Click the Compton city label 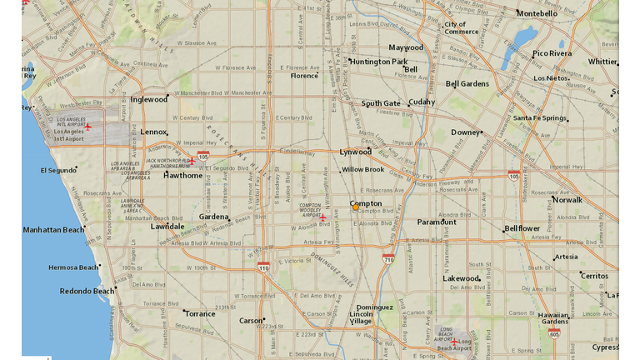[367, 203]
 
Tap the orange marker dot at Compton [356, 207]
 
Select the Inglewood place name [148, 100]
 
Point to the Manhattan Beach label [53, 230]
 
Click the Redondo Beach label [87, 292]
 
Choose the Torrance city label [200, 314]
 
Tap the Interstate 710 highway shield [388, 259]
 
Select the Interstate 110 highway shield [263, 267]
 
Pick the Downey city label [465, 132]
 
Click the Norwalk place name [567, 200]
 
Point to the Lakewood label [461, 278]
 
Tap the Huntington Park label [378, 62]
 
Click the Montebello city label [537, 13]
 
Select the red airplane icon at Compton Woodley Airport [322, 217]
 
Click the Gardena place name [213, 217]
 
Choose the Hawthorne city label [182, 176]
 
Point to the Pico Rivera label [552, 53]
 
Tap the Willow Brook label [363, 169]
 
